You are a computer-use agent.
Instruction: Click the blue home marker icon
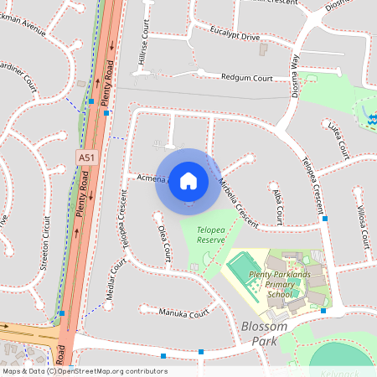click(188, 180)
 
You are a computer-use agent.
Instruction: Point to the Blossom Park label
click(263, 333)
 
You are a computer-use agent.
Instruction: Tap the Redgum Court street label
click(247, 78)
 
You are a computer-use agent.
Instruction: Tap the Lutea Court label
click(338, 139)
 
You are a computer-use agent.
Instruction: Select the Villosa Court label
click(363, 222)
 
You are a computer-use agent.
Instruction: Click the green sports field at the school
click(243, 269)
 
